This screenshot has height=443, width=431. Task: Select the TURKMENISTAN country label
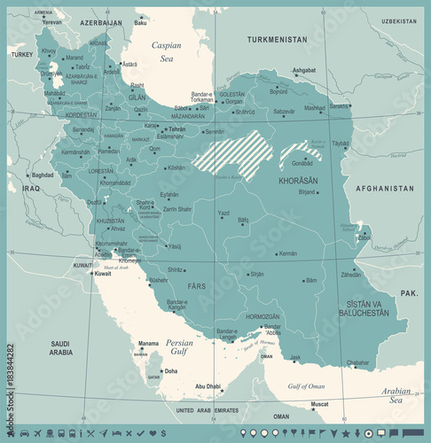(x=277, y=40)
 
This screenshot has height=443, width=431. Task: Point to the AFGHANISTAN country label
(x=384, y=189)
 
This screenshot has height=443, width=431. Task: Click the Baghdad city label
(x=43, y=175)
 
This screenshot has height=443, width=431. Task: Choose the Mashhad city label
(x=315, y=108)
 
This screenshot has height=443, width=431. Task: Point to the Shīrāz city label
(x=176, y=269)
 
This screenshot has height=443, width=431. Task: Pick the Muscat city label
(x=319, y=405)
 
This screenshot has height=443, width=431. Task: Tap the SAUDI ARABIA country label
(x=60, y=347)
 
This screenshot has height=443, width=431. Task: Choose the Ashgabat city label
(x=304, y=70)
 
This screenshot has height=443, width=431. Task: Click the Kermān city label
(x=286, y=253)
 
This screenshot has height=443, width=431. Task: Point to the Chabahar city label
(x=357, y=362)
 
